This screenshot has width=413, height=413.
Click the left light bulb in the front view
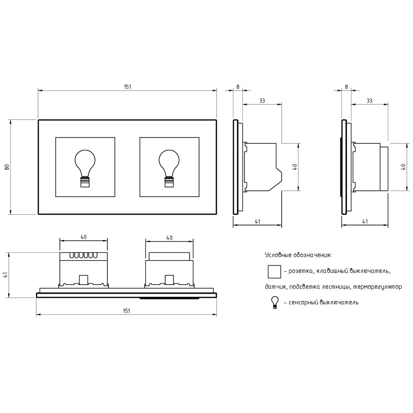pos(85,169)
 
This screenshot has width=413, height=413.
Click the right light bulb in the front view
pos(169,169)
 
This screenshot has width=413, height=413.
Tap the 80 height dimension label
pos(7,167)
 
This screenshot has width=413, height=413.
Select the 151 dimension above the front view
pos(128,87)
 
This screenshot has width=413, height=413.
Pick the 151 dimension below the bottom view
pos(126,311)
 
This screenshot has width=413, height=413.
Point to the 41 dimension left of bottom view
pos(5,275)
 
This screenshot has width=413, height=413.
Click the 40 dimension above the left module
pos(83,237)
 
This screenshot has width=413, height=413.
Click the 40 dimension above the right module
pos(169,238)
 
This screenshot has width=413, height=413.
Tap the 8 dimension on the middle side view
pos(238,87)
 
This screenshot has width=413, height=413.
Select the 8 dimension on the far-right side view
pos(347,87)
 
